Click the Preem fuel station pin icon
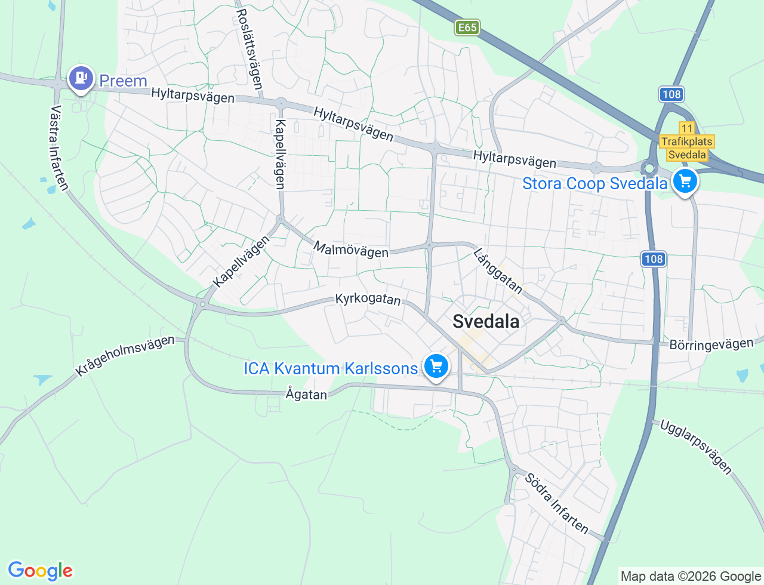81,78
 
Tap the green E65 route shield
467,27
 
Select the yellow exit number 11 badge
687,128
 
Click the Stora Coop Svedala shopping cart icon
685,181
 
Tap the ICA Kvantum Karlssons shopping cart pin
436,366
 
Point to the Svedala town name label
486,321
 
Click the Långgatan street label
498,272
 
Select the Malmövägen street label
351,250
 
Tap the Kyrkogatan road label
368,298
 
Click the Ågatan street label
306,394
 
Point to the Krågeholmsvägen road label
125,356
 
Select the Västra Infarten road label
58,148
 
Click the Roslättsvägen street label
249,49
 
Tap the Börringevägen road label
711,344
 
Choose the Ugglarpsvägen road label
695,447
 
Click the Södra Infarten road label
557,503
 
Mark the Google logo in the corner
40,571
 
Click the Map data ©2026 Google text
691,576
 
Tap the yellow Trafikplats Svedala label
687,148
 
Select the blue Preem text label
123,81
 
